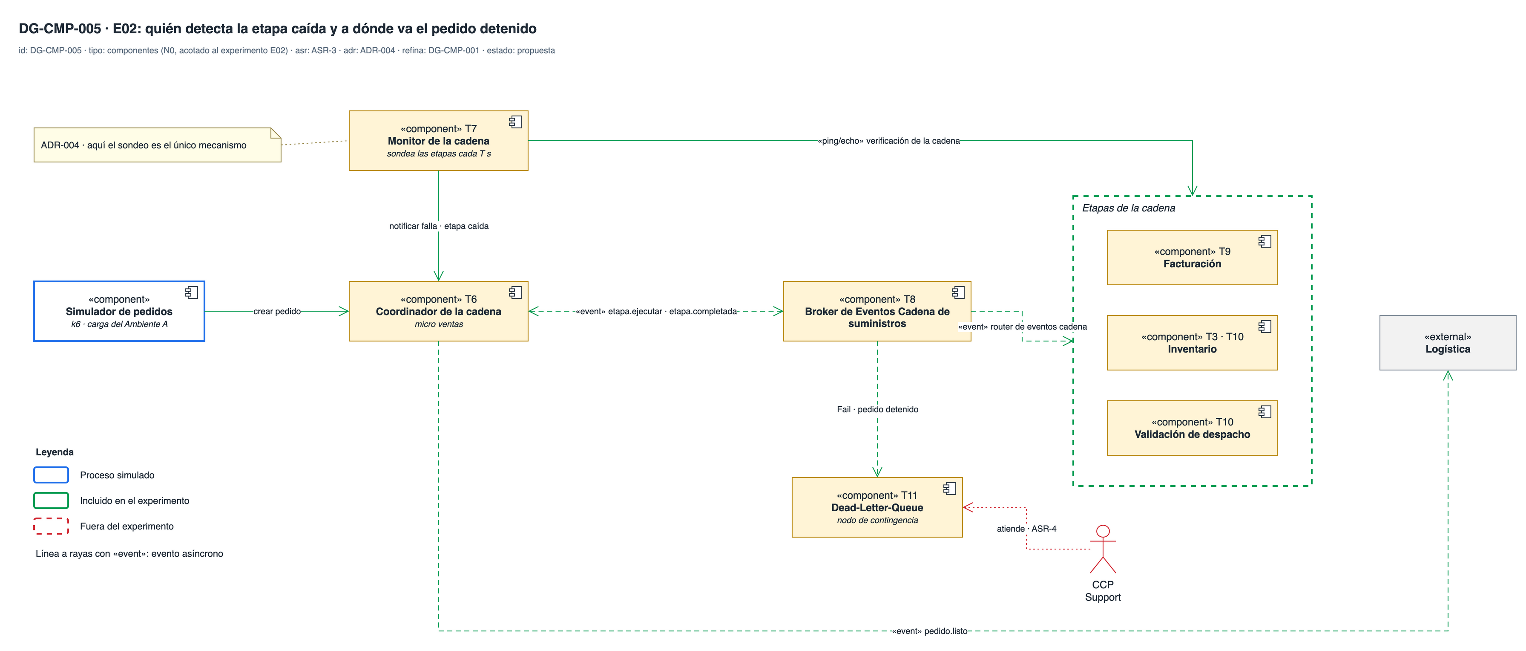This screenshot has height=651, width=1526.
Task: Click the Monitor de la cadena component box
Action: click(x=438, y=141)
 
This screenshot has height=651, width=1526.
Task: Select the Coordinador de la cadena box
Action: click(x=438, y=311)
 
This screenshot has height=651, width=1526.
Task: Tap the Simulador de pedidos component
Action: click(x=119, y=311)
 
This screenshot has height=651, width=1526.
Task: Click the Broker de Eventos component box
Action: click(x=877, y=311)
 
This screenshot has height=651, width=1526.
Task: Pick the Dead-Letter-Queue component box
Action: click(x=877, y=507)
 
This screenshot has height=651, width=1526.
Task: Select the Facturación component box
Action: click(x=1192, y=258)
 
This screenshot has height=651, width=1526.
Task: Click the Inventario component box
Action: click(x=1192, y=343)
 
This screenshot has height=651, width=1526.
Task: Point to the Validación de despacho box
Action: click(x=1192, y=428)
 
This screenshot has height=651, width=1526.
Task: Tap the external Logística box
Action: click(x=1448, y=343)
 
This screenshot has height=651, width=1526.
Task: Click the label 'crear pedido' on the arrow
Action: click(x=277, y=311)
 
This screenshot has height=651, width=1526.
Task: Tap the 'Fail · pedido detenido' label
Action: click(x=877, y=409)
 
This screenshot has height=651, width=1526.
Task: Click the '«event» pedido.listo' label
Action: click(x=929, y=631)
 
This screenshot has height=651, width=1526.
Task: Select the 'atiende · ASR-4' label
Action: click(x=1026, y=528)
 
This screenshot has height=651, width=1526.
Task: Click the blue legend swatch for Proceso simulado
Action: click(x=51, y=475)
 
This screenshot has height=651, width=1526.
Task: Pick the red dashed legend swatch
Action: click(x=51, y=526)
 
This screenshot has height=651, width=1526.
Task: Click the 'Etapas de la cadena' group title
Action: click(x=1129, y=208)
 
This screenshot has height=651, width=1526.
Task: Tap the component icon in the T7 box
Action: click(x=515, y=122)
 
